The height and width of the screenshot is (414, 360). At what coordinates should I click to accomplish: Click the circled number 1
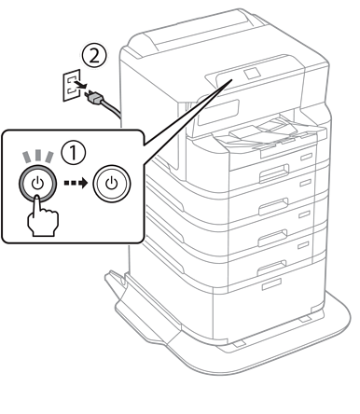tap(74, 153)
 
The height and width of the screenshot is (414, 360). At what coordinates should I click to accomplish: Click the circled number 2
tap(94, 56)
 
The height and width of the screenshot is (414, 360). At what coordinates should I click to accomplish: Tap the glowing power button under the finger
tap(37, 184)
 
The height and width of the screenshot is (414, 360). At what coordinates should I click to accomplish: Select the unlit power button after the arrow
tap(112, 184)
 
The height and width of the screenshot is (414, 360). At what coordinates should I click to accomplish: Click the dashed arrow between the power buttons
tap(76, 183)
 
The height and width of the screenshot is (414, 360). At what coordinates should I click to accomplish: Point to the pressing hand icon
tap(43, 216)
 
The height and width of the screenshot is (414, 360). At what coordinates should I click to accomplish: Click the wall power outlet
tap(72, 86)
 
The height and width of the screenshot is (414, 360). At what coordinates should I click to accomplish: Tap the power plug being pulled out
tap(94, 98)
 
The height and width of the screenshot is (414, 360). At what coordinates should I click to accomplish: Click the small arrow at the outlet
tap(80, 85)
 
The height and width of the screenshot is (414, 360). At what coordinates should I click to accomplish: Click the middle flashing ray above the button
tap(38, 156)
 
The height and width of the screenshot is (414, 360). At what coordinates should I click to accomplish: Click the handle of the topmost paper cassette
tap(274, 173)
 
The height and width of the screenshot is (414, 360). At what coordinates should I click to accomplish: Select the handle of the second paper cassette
tap(272, 206)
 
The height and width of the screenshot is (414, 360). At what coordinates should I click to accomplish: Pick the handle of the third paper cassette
tap(272, 238)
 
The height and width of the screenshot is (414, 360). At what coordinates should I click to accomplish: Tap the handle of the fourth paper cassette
tap(271, 268)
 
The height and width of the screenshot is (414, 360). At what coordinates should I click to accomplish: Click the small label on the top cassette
tap(306, 157)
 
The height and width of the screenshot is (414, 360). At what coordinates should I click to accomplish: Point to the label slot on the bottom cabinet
tap(271, 284)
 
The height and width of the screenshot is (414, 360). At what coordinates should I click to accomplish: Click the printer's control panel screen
tap(218, 112)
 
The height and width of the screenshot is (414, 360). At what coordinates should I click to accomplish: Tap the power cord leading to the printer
tap(111, 108)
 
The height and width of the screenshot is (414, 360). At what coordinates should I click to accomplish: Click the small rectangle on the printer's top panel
tap(252, 74)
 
